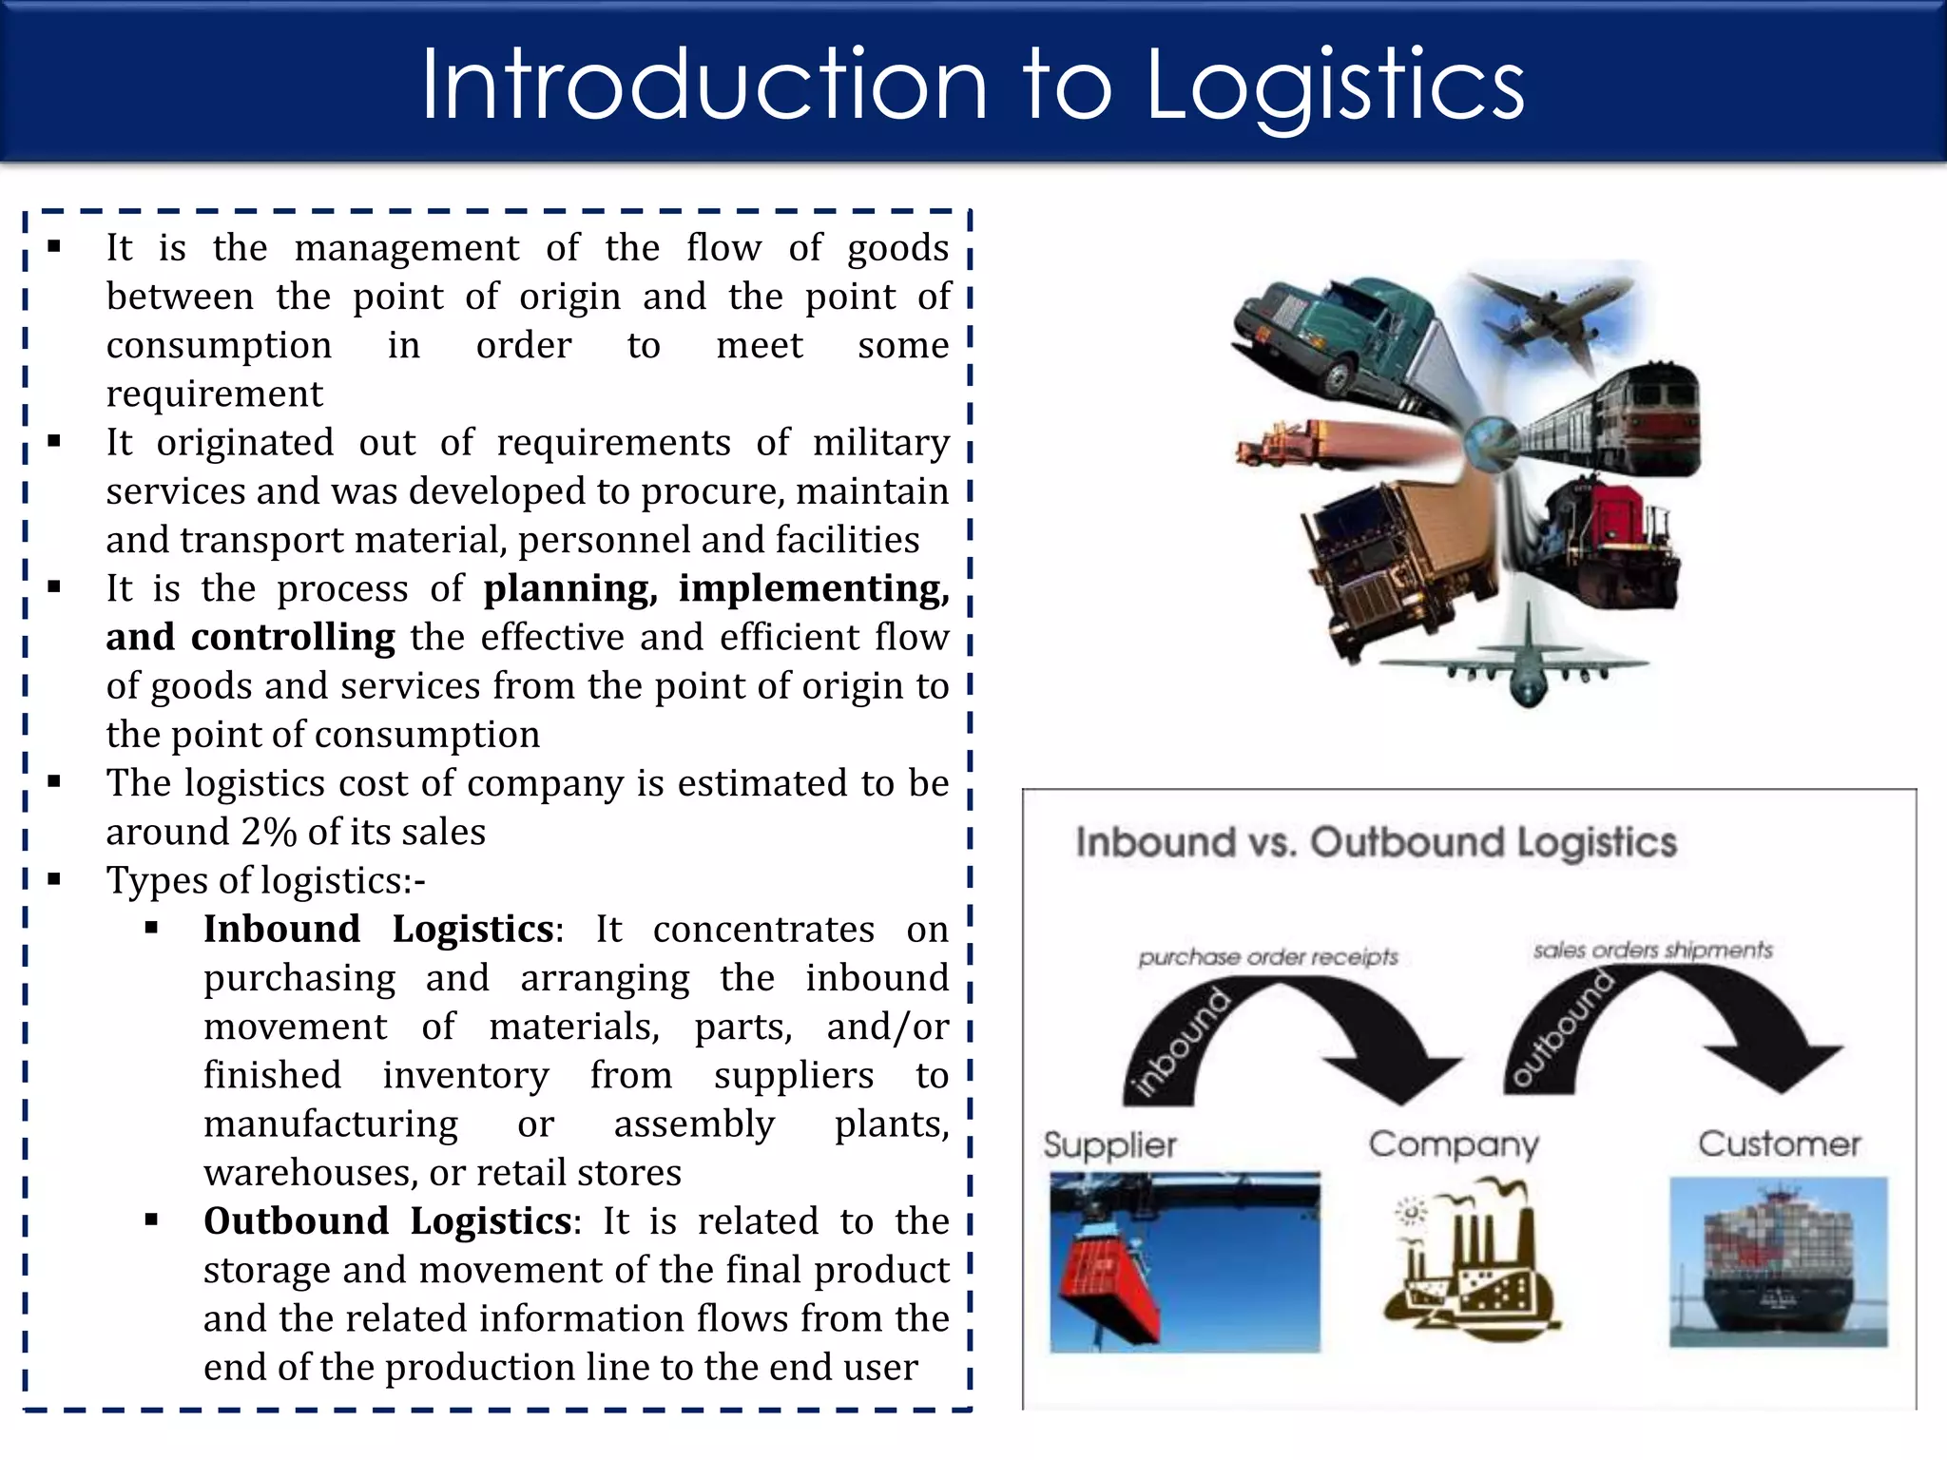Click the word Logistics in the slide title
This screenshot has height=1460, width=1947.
(1335, 87)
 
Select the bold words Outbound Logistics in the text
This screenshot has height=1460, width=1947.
(388, 1220)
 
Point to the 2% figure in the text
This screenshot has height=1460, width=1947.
(269, 832)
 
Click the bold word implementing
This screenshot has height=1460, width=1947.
(813, 588)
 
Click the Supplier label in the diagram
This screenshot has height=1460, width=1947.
(1109, 1144)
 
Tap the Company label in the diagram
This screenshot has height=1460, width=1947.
(1454, 1144)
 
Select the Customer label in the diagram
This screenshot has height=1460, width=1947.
(1779, 1143)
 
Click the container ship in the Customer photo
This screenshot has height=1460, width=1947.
(1778, 1264)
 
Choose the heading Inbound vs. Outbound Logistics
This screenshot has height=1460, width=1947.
(1376, 843)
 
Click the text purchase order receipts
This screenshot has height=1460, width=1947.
(1268, 957)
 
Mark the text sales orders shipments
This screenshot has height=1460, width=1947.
(1652, 951)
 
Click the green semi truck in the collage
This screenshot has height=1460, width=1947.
(1331, 333)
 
